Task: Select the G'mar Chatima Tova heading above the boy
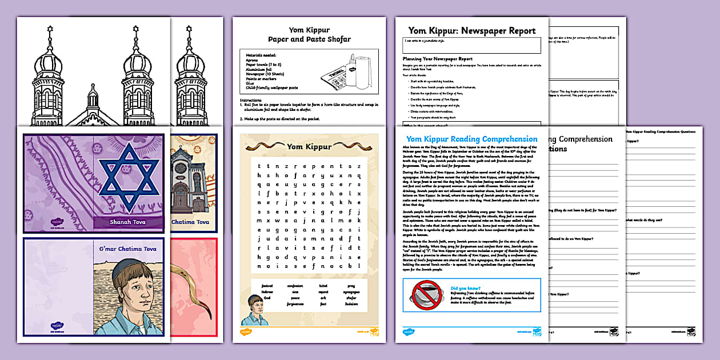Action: click(x=121, y=249)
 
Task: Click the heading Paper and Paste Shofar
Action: click(x=310, y=39)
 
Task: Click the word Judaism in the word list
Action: click(x=351, y=304)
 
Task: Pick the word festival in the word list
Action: click(x=267, y=284)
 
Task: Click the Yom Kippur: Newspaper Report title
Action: click(x=471, y=30)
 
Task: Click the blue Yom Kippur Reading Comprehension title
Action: click(x=471, y=139)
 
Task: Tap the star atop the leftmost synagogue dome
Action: click(x=49, y=29)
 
